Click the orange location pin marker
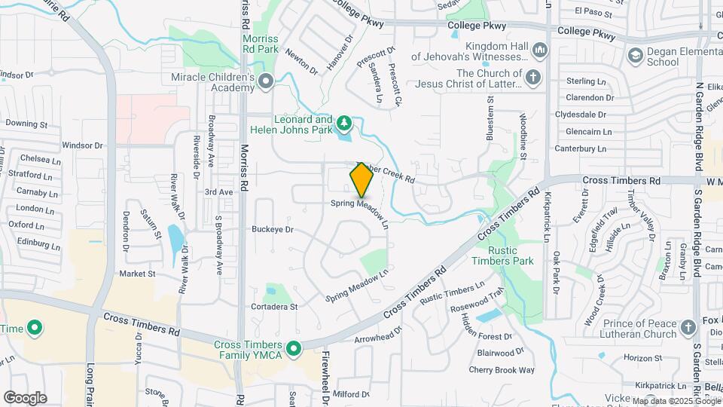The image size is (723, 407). tap(361, 179)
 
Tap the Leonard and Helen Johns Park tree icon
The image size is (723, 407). tap(344, 122)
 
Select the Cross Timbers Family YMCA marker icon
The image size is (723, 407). tap(295, 347)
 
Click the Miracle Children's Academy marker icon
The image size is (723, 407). tap(265, 81)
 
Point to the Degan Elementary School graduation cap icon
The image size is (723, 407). tap(635, 54)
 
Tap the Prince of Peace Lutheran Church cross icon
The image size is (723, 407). tap(688, 327)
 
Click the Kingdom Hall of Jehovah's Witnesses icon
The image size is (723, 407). tap(539, 50)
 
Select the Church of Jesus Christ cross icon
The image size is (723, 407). tap(532, 77)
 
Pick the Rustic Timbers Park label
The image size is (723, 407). tap(501, 256)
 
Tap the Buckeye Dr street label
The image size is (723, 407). tap(272, 228)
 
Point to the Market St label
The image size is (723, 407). tap(136, 274)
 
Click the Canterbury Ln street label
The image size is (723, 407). tap(580, 148)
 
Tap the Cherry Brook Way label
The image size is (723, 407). tap(501, 369)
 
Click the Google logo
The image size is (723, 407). tap(25, 397)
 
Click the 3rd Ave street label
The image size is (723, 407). tap(218, 192)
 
